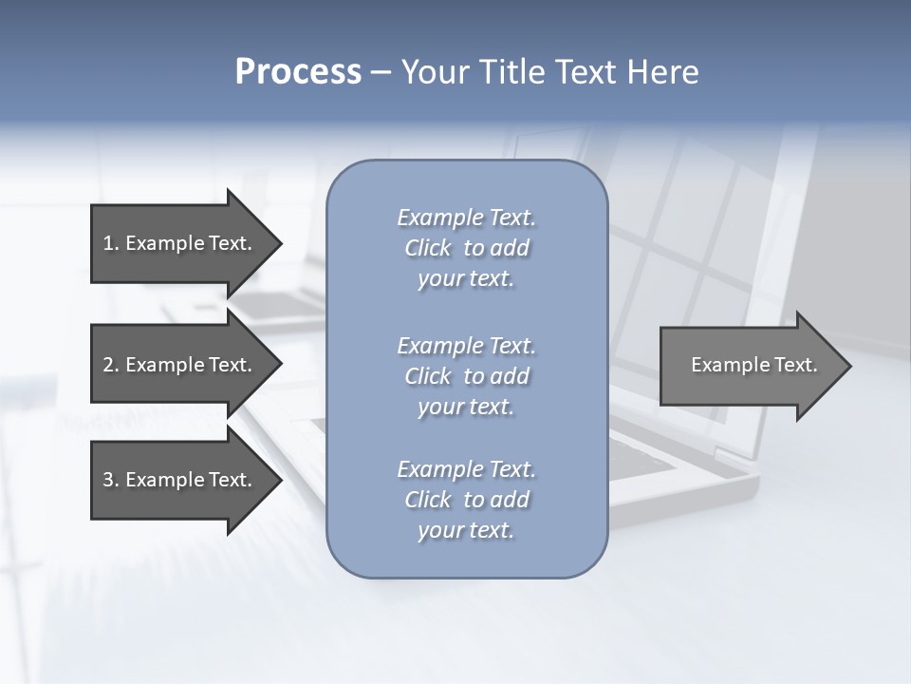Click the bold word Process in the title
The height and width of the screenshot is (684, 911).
pos(298,72)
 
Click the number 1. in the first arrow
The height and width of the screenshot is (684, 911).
pos(111,243)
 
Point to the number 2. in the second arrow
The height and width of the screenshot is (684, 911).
pos(111,365)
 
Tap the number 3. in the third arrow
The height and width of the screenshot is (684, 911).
pos(111,480)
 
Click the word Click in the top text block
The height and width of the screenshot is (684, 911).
pos(428,248)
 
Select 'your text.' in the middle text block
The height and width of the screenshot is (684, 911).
pos(466,407)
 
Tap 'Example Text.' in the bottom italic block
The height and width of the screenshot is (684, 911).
pos(466,469)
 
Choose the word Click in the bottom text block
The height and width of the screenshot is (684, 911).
pos(428,500)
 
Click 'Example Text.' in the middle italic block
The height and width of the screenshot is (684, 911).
pos(466,346)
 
